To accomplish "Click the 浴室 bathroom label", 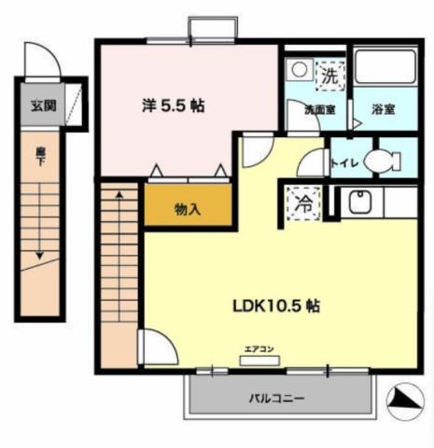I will [x=384, y=109].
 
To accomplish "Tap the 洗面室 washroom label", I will [x=317, y=109].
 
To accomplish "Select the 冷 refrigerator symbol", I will [x=303, y=201].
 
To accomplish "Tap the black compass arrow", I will [x=404, y=399].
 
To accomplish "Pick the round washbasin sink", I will [x=299, y=70].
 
